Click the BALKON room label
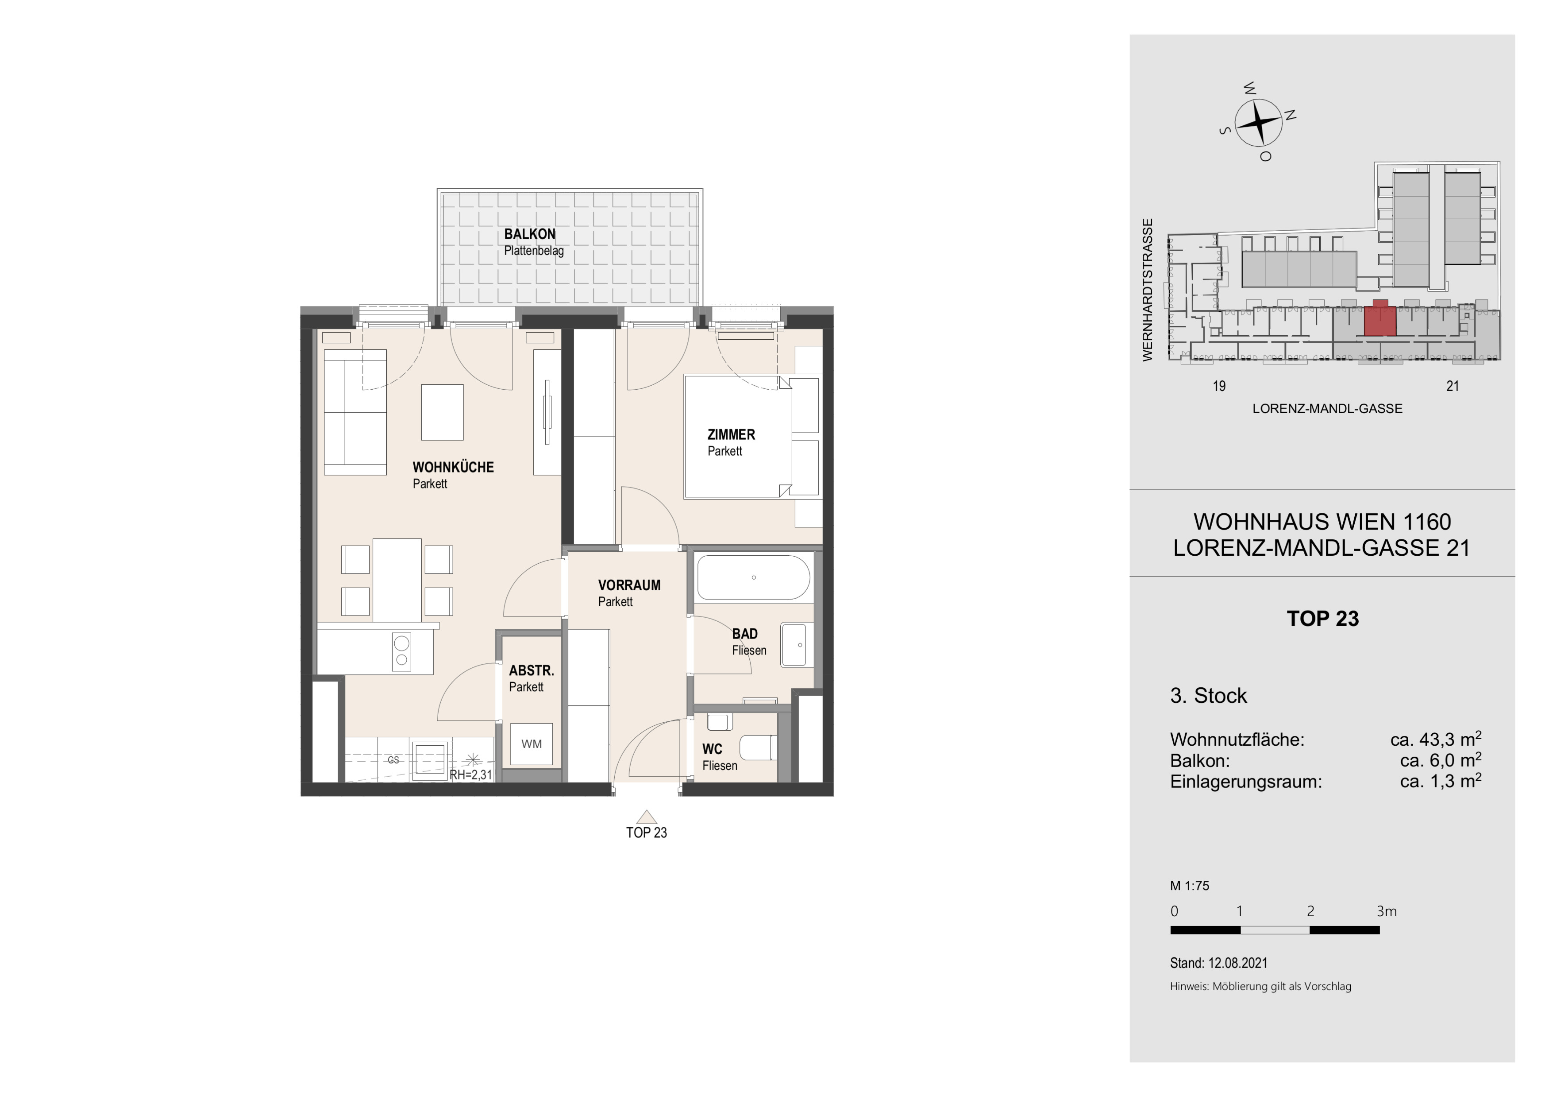530,234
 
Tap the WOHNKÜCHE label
453,467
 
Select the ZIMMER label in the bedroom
731,434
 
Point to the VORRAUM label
629,585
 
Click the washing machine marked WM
532,744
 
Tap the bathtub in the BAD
754,578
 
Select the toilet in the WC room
758,748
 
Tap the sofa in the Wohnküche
355,412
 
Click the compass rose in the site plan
1258,122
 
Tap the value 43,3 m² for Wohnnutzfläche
1436,739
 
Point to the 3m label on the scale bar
1387,911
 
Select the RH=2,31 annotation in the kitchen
471,775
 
